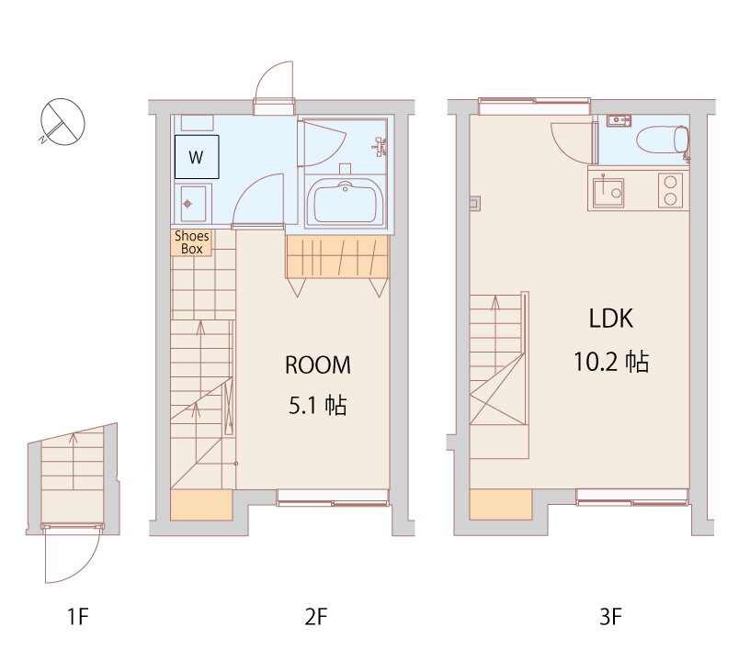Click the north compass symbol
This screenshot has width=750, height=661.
(x=62, y=121)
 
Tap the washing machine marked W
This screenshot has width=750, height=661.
(x=197, y=157)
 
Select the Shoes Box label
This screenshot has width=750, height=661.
(x=192, y=242)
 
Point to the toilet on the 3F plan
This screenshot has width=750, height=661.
(x=663, y=140)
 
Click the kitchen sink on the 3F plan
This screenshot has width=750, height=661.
(x=608, y=192)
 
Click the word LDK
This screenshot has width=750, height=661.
(x=611, y=319)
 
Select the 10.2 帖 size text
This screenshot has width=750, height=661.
(x=611, y=362)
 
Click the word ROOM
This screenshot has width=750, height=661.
(x=318, y=364)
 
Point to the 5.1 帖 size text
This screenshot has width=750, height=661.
(x=318, y=406)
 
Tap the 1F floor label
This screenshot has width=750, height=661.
(x=78, y=617)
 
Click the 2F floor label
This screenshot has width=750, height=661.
(x=316, y=617)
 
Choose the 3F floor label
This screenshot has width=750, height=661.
(x=610, y=617)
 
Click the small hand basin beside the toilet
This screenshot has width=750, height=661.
(x=619, y=120)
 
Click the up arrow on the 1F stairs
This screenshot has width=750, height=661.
(x=74, y=461)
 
